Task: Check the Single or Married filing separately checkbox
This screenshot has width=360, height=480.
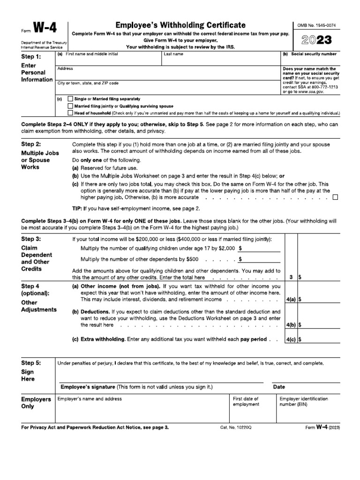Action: (x=70, y=99)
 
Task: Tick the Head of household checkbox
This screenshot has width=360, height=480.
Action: (x=70, y=113)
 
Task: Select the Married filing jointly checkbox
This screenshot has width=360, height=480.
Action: (x=70, y=106)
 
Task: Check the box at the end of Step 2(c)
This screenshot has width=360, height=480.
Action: (x=335, y=197)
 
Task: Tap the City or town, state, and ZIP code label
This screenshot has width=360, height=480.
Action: (x=88, y=83)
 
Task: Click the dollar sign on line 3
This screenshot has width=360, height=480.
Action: (x=300, y=277)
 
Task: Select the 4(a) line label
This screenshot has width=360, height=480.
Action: (x=290, y=298)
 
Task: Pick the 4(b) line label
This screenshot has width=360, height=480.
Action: (x=290, y=324)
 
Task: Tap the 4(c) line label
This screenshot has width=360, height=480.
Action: (x=290, y=339)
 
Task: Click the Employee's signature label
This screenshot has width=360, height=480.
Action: (x=88, y=387)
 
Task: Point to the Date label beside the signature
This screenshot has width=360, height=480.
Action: (x=279, y=387)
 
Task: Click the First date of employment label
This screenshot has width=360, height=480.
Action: (x=246, y=402)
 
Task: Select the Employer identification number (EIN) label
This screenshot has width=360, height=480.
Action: (x=304, y=402)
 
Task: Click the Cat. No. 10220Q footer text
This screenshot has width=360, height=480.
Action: (x=236, y=428)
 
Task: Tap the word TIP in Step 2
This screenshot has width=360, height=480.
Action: (x=76, y=208)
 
